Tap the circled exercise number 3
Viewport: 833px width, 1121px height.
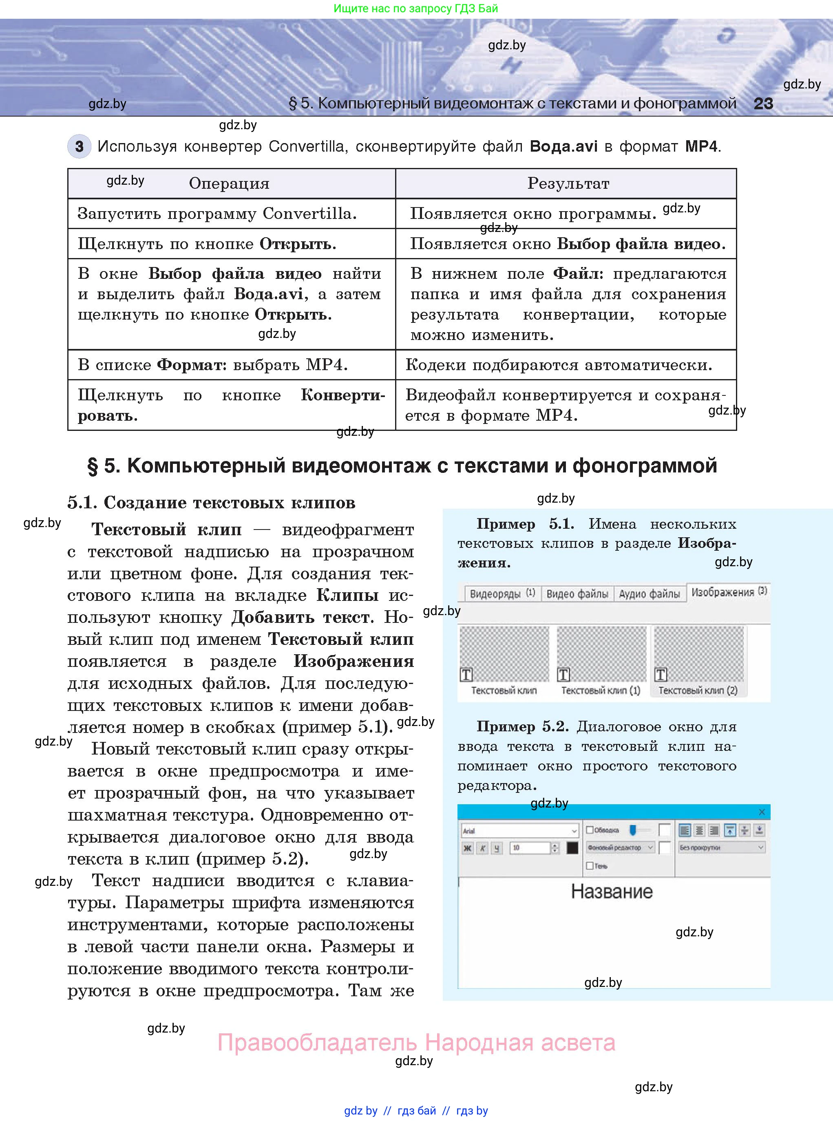coord(79,147)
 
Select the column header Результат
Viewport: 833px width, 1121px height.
coord(568,183)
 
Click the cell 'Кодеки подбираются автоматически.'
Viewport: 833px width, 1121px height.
coord(559,365)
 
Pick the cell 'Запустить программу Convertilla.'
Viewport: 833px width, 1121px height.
coord(217,214)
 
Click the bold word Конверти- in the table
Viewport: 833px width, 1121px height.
coord(343,395)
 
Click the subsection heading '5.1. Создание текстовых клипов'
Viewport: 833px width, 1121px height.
coord(211,503)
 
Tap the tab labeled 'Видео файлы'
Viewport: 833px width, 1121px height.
coord(577,594)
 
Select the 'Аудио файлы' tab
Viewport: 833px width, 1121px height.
coord(650,594)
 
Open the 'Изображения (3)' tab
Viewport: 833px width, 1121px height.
coord(729,592)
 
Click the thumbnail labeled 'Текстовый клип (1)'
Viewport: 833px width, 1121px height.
coord(601,655)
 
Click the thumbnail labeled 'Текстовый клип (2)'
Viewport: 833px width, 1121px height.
coord(698,655)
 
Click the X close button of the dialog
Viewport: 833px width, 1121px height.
coord(762,812)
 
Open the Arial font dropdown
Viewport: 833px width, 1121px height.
coord(519,831)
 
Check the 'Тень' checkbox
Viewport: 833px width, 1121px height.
coord(590,866)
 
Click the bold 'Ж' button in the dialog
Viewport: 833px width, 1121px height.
coord(467,848)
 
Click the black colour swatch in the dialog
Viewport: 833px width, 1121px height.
coord(572,848)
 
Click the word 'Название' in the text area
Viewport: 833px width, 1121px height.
coord(612,892)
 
